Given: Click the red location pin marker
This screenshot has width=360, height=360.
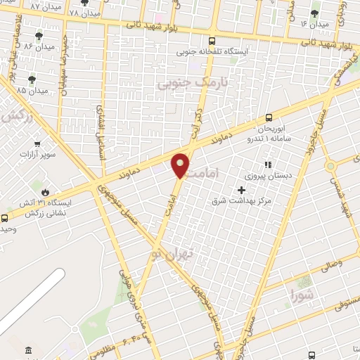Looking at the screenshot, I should click(180, 165).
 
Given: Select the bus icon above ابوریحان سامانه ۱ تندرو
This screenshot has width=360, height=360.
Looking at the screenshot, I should click(269, 118).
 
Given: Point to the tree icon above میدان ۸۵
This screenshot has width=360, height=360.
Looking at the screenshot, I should click(32, 80).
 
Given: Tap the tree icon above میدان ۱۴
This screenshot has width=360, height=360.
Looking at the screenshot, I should click(314, 13).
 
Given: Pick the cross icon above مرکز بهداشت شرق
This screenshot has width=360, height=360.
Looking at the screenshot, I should click(242, 190).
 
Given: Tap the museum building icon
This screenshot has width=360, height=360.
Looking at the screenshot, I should click(28, 351).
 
